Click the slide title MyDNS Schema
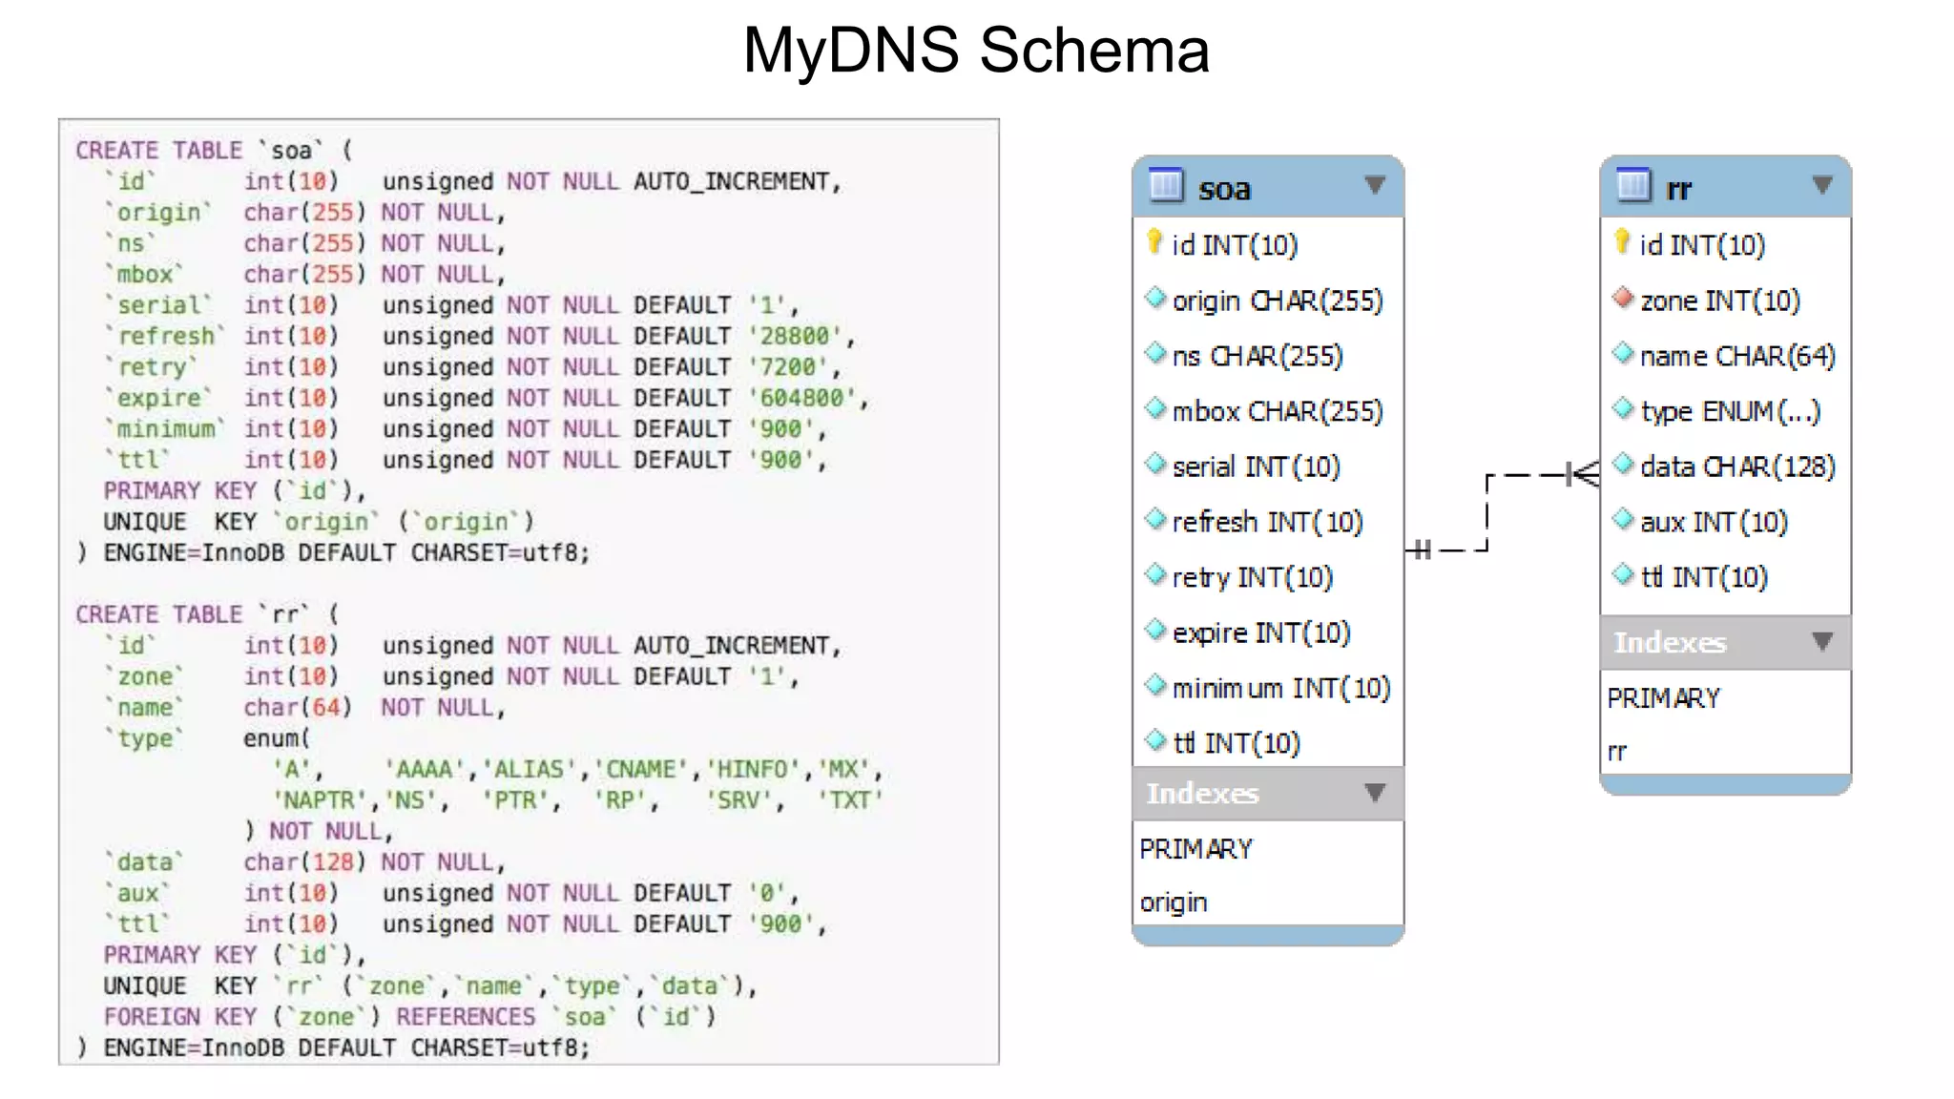[x=975, y=50]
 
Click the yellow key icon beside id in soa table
[x=1154, y=242]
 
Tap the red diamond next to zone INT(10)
[x=1622, y=299]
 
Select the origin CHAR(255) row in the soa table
[x=1277, y=301]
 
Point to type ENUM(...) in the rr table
[x=1729, y=411]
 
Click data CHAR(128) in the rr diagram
[x=1736, y=467]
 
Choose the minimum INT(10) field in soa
[x=1280, y=688]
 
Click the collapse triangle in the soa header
[x=1374, y=185]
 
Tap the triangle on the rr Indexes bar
[x=1821, y=642]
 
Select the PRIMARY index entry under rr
[x=1663, y=698]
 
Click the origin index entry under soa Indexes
[x=1174, y=902]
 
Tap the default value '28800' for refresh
[x=794, y=336]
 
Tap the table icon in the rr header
[x=1632, y=185]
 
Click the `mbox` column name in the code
[x=144, y=275]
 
